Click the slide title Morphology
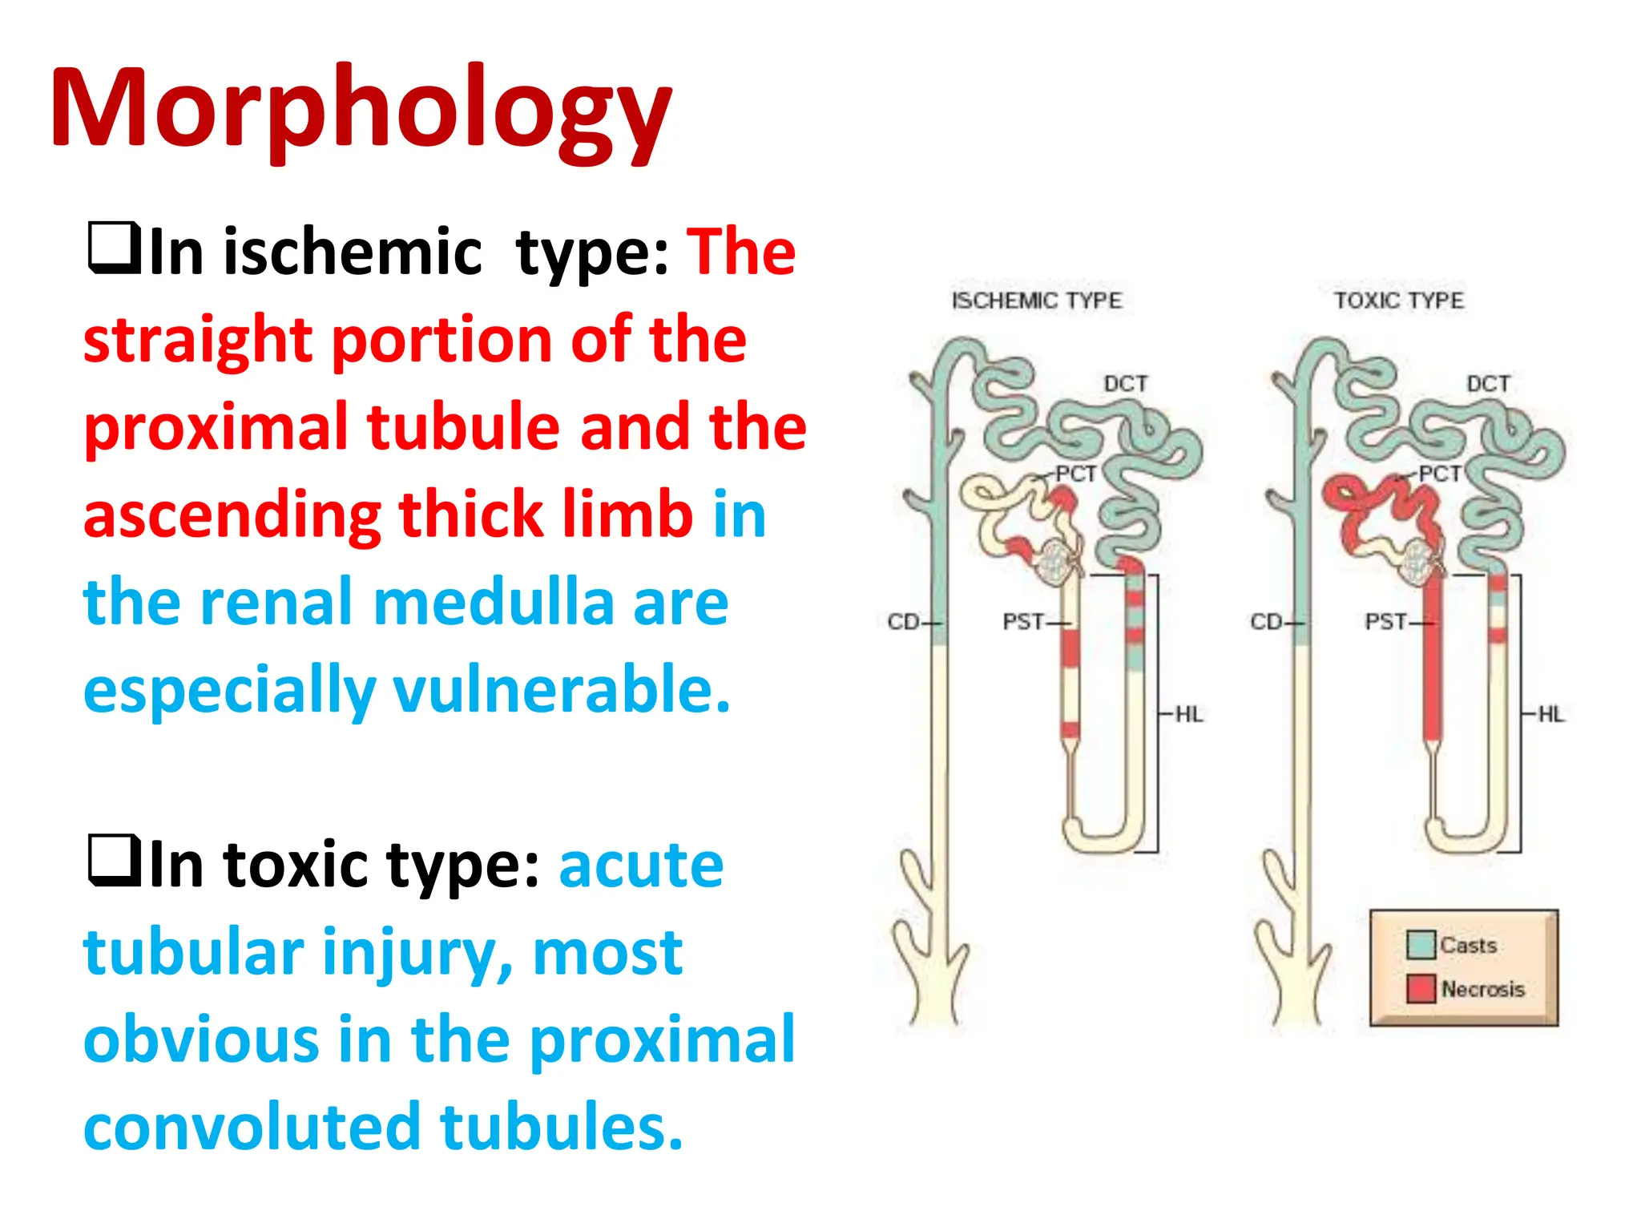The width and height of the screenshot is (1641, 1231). (x=361, y=108)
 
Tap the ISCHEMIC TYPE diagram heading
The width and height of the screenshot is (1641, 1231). (x=1036, y=301)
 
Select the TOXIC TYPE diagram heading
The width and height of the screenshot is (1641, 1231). (x=1398, y=301)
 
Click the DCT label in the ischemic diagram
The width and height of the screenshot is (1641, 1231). (x=1126, y=384)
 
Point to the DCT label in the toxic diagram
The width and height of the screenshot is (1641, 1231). (x=1488, y=384)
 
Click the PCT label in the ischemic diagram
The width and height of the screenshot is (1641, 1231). (x=1075, y=474)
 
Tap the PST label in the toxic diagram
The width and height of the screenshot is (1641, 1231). (x=1385, y=621)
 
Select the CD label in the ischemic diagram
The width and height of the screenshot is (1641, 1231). (x=903, y=621)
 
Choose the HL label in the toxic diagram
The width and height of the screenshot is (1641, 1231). (x=1550, y=714)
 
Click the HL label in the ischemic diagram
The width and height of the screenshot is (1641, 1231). (x=1188, y=714)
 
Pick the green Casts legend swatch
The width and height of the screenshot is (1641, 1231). (x=1421, y=945)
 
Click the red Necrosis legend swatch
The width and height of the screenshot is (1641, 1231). (x=1421, y=988)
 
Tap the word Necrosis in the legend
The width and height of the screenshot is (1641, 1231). (x=1482, y=989)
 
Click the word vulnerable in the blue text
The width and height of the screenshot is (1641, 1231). (x=561, y=689)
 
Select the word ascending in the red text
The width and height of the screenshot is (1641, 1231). (x=232, y=515)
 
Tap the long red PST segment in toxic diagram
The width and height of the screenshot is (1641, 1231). (x=1433, y=665)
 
